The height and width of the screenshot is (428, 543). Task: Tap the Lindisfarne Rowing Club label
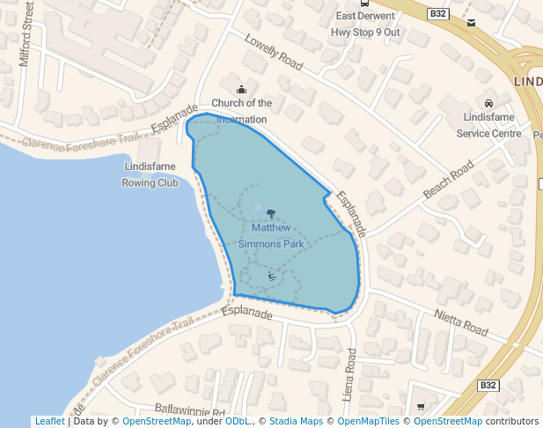coord(150,174)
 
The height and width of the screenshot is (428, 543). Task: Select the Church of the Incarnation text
coord(241,111)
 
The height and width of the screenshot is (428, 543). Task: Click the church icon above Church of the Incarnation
coord(242,89)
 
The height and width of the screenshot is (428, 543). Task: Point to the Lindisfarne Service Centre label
coord(488,124)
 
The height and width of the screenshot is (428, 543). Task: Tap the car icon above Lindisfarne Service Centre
coord(489,102)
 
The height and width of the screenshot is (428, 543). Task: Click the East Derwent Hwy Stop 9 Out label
coord(365,24)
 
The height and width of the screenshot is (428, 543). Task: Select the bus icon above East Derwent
coord(365,3)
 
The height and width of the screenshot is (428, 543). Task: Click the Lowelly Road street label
coord(274,54)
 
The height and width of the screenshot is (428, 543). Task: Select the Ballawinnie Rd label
coord(190,410)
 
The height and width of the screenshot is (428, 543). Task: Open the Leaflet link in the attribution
coord(49,422)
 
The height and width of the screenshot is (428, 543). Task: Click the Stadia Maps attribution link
coord(295,422)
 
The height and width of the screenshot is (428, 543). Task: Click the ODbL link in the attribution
coord(238,422)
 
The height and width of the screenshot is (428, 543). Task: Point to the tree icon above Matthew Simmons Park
coord(270,214)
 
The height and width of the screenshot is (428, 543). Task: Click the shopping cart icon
coord(420,407)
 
